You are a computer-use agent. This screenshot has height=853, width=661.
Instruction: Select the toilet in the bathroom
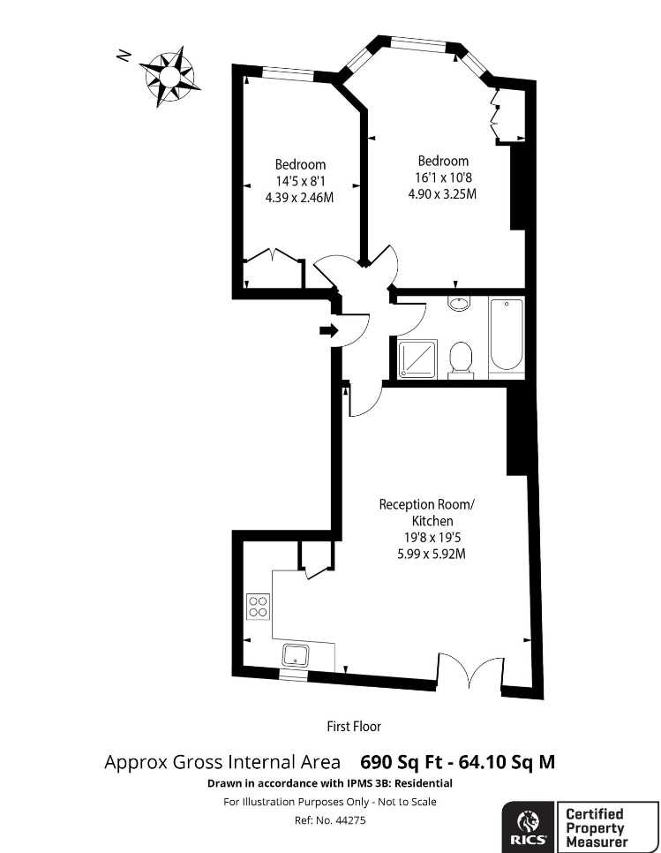click(462, 358)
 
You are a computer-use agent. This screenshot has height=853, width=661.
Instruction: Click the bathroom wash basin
click(460, 303)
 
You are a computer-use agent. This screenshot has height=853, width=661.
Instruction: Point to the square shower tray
click(417, 359)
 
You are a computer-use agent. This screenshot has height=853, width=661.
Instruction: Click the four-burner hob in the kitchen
click(259, 607)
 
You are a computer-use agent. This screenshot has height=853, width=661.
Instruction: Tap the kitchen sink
click(295, 655)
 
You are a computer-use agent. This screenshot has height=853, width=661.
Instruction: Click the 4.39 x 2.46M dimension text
click(299, 198)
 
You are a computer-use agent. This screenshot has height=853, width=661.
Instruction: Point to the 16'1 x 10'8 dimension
click(443, 177)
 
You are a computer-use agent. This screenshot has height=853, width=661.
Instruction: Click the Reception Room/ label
click(427, 504)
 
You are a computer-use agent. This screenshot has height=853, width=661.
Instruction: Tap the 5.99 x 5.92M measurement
click(432, 555)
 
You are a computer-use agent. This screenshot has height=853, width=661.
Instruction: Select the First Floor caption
click(354, 726)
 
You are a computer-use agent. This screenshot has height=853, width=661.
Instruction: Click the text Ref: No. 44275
click(330, 819)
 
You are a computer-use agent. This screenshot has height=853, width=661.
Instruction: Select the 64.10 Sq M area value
click(507, 761)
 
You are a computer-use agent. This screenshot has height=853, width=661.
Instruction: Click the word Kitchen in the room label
click(432, 521)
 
